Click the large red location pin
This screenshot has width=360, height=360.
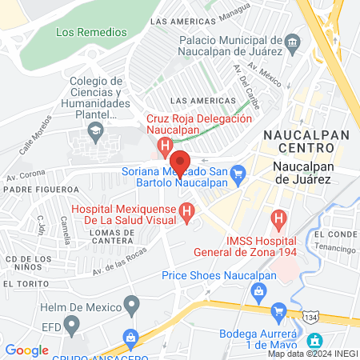click(x=180, y=162)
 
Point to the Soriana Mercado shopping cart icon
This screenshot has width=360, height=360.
click(x=238, y=172)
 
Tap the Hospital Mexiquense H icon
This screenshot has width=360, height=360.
click(x=186, y=212)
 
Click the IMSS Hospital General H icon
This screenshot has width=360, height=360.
click(x=278, y=217)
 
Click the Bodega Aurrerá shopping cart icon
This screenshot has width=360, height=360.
click(x=279, y=310)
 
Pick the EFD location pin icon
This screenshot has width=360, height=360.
click(x=73, y=325)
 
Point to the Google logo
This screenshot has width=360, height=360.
click(x=26, y=350)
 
